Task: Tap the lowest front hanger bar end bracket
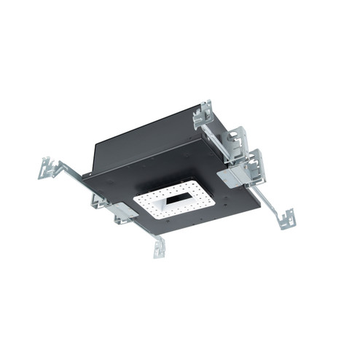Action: pos(158,249)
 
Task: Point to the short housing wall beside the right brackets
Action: pos(216,142)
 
